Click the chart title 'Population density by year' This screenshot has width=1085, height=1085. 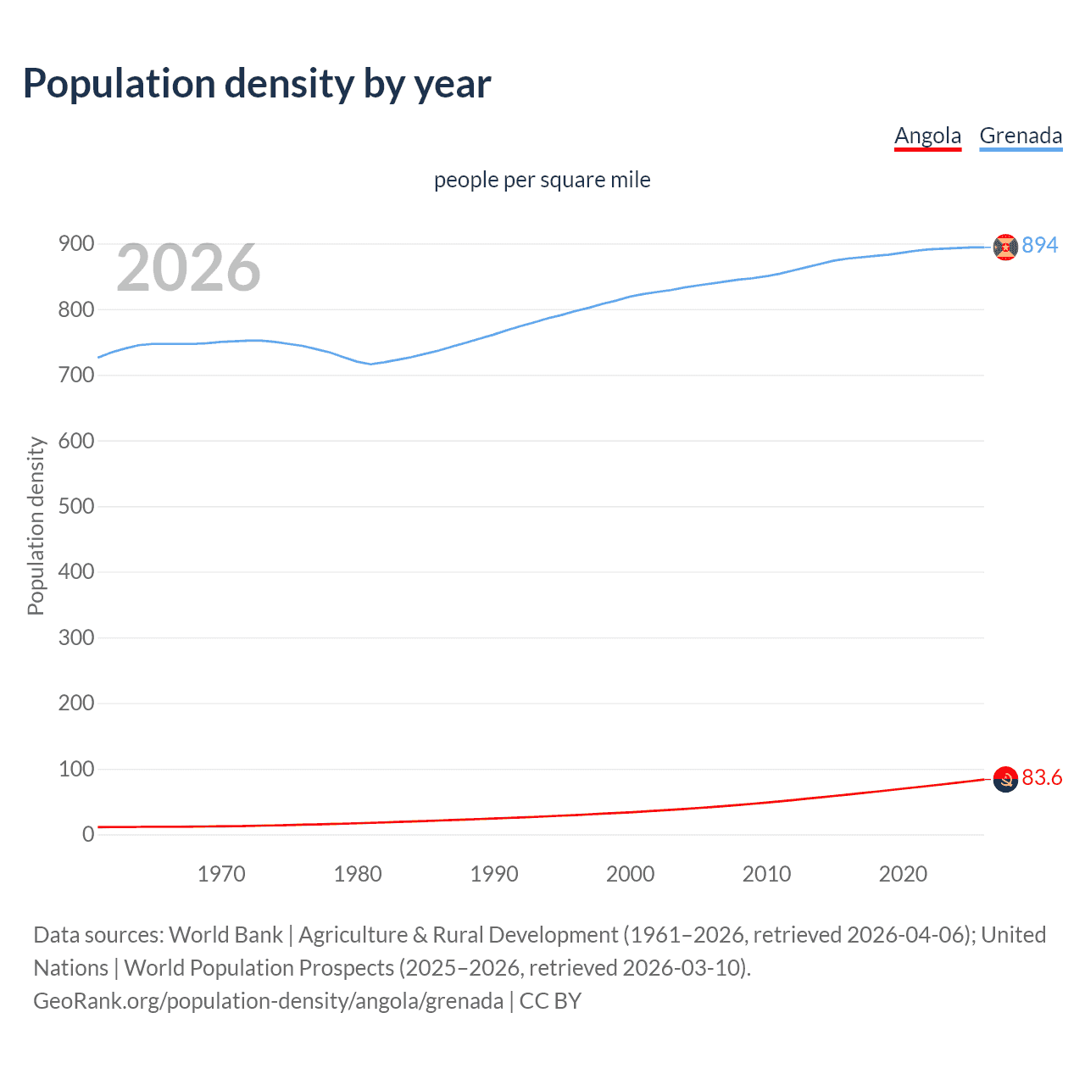tap(257, 84)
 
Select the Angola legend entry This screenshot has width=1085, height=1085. tap(927, 136)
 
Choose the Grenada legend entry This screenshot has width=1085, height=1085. tap(1021, 136)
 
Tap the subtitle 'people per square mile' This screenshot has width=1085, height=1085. tap(542, 180)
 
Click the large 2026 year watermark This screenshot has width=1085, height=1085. tap(188, 268)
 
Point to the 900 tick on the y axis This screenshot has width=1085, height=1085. tap(76, 244)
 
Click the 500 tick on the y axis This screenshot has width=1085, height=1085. tap(76, 506)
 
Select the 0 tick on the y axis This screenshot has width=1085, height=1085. tap(88, 834)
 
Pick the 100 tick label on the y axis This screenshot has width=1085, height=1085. tap(76, 769)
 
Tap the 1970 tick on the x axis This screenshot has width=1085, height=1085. tap(221, 874)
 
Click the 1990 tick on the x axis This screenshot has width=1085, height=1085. tap(494, 874)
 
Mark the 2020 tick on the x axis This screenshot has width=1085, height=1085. tap(903, 874)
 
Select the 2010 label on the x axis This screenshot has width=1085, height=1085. tap(766, 874)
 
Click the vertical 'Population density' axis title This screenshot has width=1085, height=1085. tap(36, 526)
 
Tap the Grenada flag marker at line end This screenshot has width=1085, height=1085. tap(1005, 247)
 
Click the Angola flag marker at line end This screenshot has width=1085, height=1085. tap(1005, 779)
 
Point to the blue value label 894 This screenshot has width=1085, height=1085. tap(1040, 245)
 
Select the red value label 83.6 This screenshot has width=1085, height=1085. tap(1042, 777)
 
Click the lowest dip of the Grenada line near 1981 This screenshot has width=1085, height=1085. tap(370, 364)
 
